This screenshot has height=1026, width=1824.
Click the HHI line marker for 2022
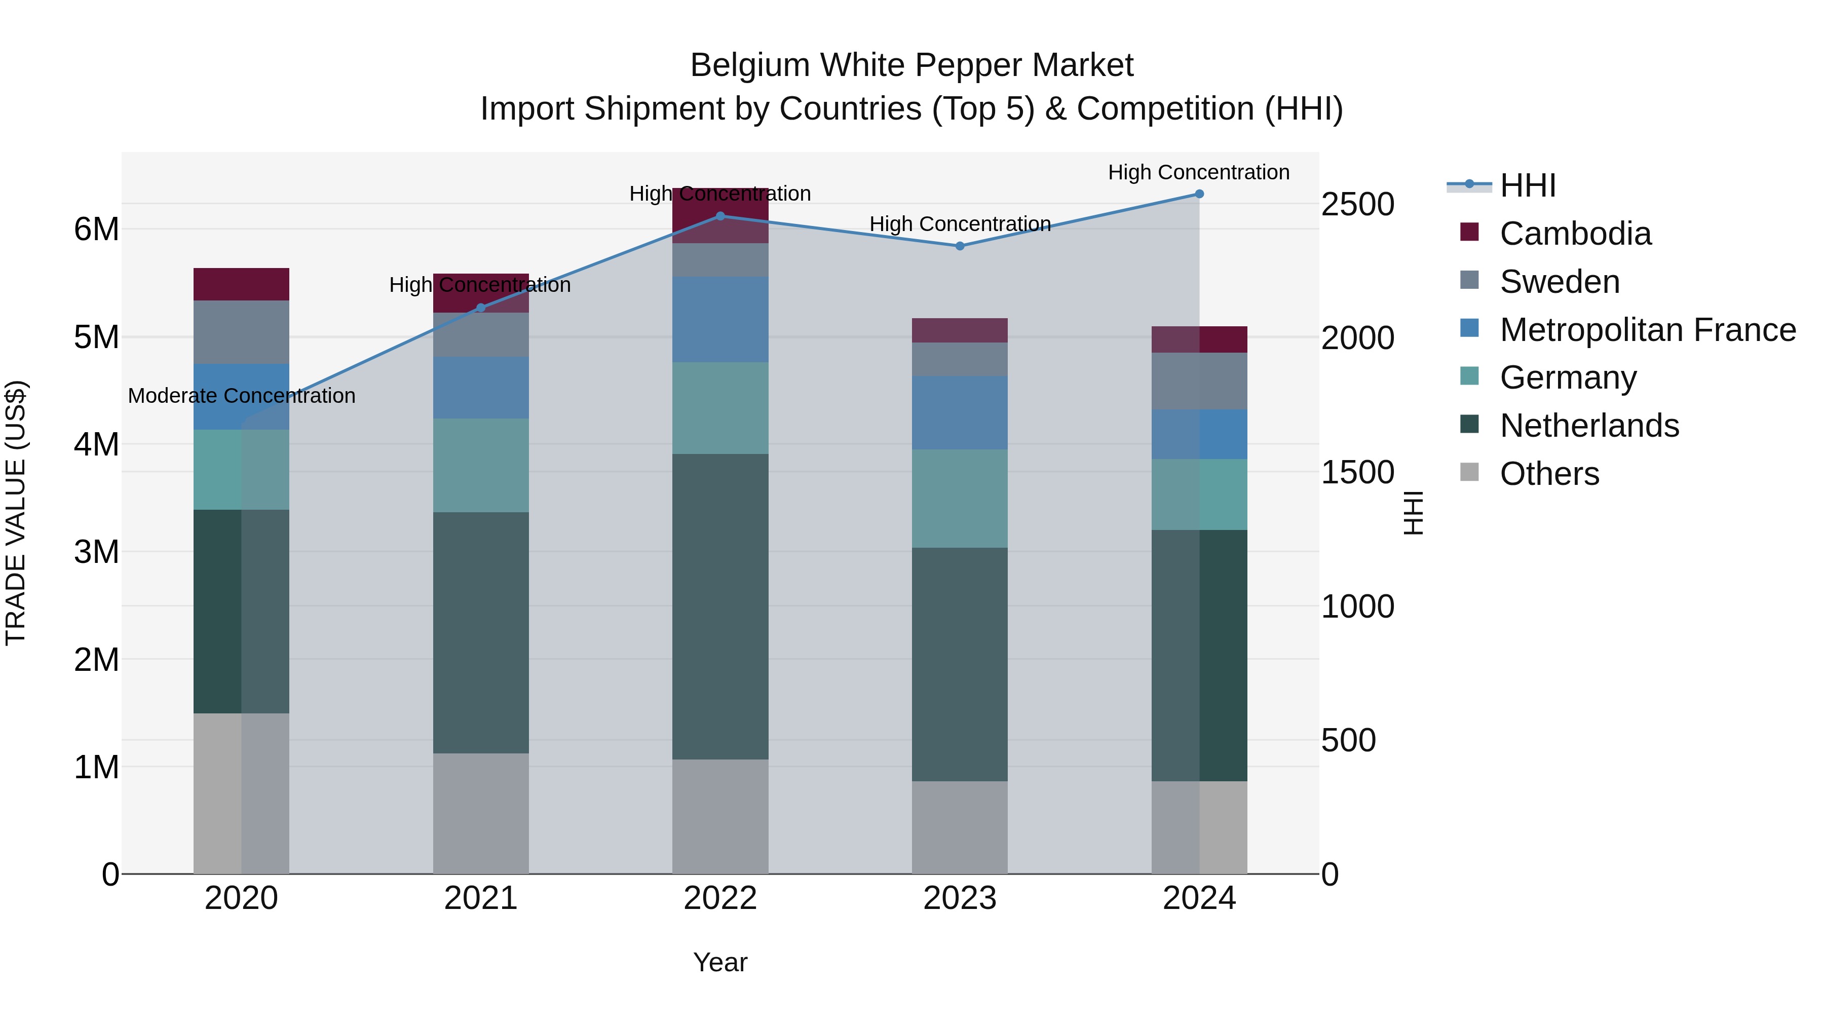coord(720,216)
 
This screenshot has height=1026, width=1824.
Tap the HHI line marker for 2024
coord(1199,194)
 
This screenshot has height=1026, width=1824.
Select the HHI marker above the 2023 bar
coord(960,246)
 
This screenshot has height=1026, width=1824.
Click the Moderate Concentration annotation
coord(242,396)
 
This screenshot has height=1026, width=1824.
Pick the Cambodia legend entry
coord(1575,234)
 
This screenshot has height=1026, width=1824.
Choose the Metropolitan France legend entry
coord(1647,330)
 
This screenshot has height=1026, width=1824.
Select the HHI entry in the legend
coord(1527,185)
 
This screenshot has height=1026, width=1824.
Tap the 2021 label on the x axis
coord(481,898)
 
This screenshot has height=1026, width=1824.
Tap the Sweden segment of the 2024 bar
coord(1199,381)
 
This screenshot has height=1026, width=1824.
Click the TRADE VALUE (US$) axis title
coord(16,513)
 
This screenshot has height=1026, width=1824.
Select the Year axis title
coord(720,962)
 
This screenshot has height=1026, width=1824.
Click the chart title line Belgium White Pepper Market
coord(911,65)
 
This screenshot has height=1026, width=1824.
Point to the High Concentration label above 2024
coord(1198,172)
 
